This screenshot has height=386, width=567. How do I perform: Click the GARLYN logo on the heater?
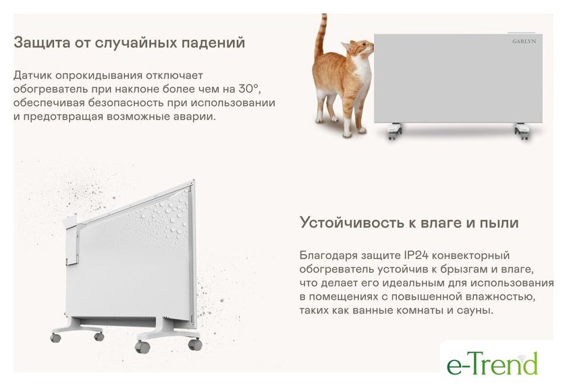524,41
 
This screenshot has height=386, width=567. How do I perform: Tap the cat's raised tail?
321,35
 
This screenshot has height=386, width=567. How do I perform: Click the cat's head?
358,48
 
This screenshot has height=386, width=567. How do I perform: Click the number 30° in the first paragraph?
249,88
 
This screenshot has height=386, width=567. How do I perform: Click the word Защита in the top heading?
42,43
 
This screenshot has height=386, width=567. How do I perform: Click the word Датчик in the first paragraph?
33,76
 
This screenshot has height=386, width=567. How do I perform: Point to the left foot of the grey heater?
394,131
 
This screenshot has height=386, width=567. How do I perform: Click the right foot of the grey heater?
523,131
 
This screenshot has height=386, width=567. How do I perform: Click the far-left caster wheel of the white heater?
55,338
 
